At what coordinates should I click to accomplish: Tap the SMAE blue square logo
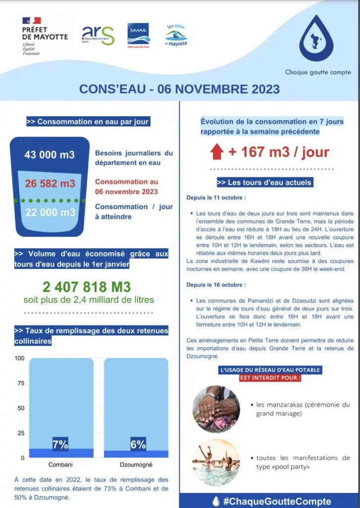pos(138,34)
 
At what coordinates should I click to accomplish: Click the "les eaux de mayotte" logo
pos(176,35)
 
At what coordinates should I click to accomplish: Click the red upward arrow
pos(217,152)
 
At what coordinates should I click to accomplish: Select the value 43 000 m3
pos(50,155)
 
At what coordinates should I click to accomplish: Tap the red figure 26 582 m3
pos(50,184)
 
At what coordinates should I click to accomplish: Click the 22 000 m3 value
pos(50,212)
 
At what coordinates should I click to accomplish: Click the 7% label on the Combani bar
pos(60,445)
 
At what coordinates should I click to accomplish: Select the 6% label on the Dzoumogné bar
pos(137,445)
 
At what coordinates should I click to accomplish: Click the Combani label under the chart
pos(60,465)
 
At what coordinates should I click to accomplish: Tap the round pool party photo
pos(216,462)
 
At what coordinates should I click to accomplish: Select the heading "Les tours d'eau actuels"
pos(265,183)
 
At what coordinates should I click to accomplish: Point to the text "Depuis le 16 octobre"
pos(215,285)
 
